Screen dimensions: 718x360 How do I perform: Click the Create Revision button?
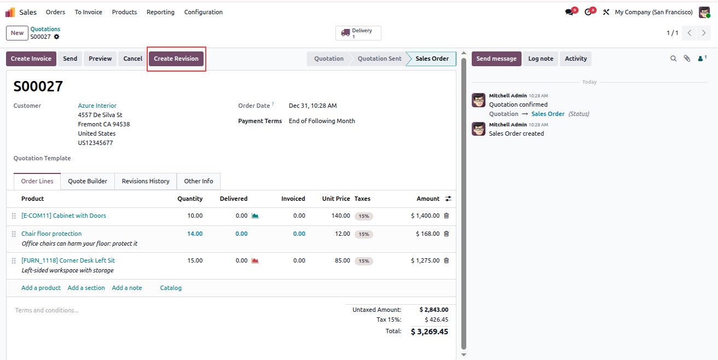coord(176,59)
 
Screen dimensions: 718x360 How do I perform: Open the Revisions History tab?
coord(146,181)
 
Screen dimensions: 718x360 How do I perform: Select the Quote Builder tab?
coord(88,181)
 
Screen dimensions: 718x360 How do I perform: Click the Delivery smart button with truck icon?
coord(358,33)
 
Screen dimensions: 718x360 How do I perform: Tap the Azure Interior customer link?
coord(97,106)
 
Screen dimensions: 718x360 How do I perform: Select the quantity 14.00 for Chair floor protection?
coord(195,234)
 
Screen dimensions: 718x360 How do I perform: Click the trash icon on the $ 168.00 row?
coord(446,234)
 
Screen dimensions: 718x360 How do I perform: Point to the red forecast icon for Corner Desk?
coord(255,260)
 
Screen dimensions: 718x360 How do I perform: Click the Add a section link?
coord(86,288)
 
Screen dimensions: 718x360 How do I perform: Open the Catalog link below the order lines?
coord(171,288)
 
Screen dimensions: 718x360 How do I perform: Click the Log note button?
coord(541,59)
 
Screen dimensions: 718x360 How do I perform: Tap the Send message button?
coord(496,59)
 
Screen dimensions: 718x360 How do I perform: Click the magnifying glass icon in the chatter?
coord(674,59)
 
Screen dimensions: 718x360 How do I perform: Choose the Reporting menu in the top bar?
coord(160,12)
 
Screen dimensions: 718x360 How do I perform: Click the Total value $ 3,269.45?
coord(430,332)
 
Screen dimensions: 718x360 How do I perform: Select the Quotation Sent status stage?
coord(379,59)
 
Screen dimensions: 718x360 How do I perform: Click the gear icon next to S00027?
coord(57,37)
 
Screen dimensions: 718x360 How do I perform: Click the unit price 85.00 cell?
coord(343,260)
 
